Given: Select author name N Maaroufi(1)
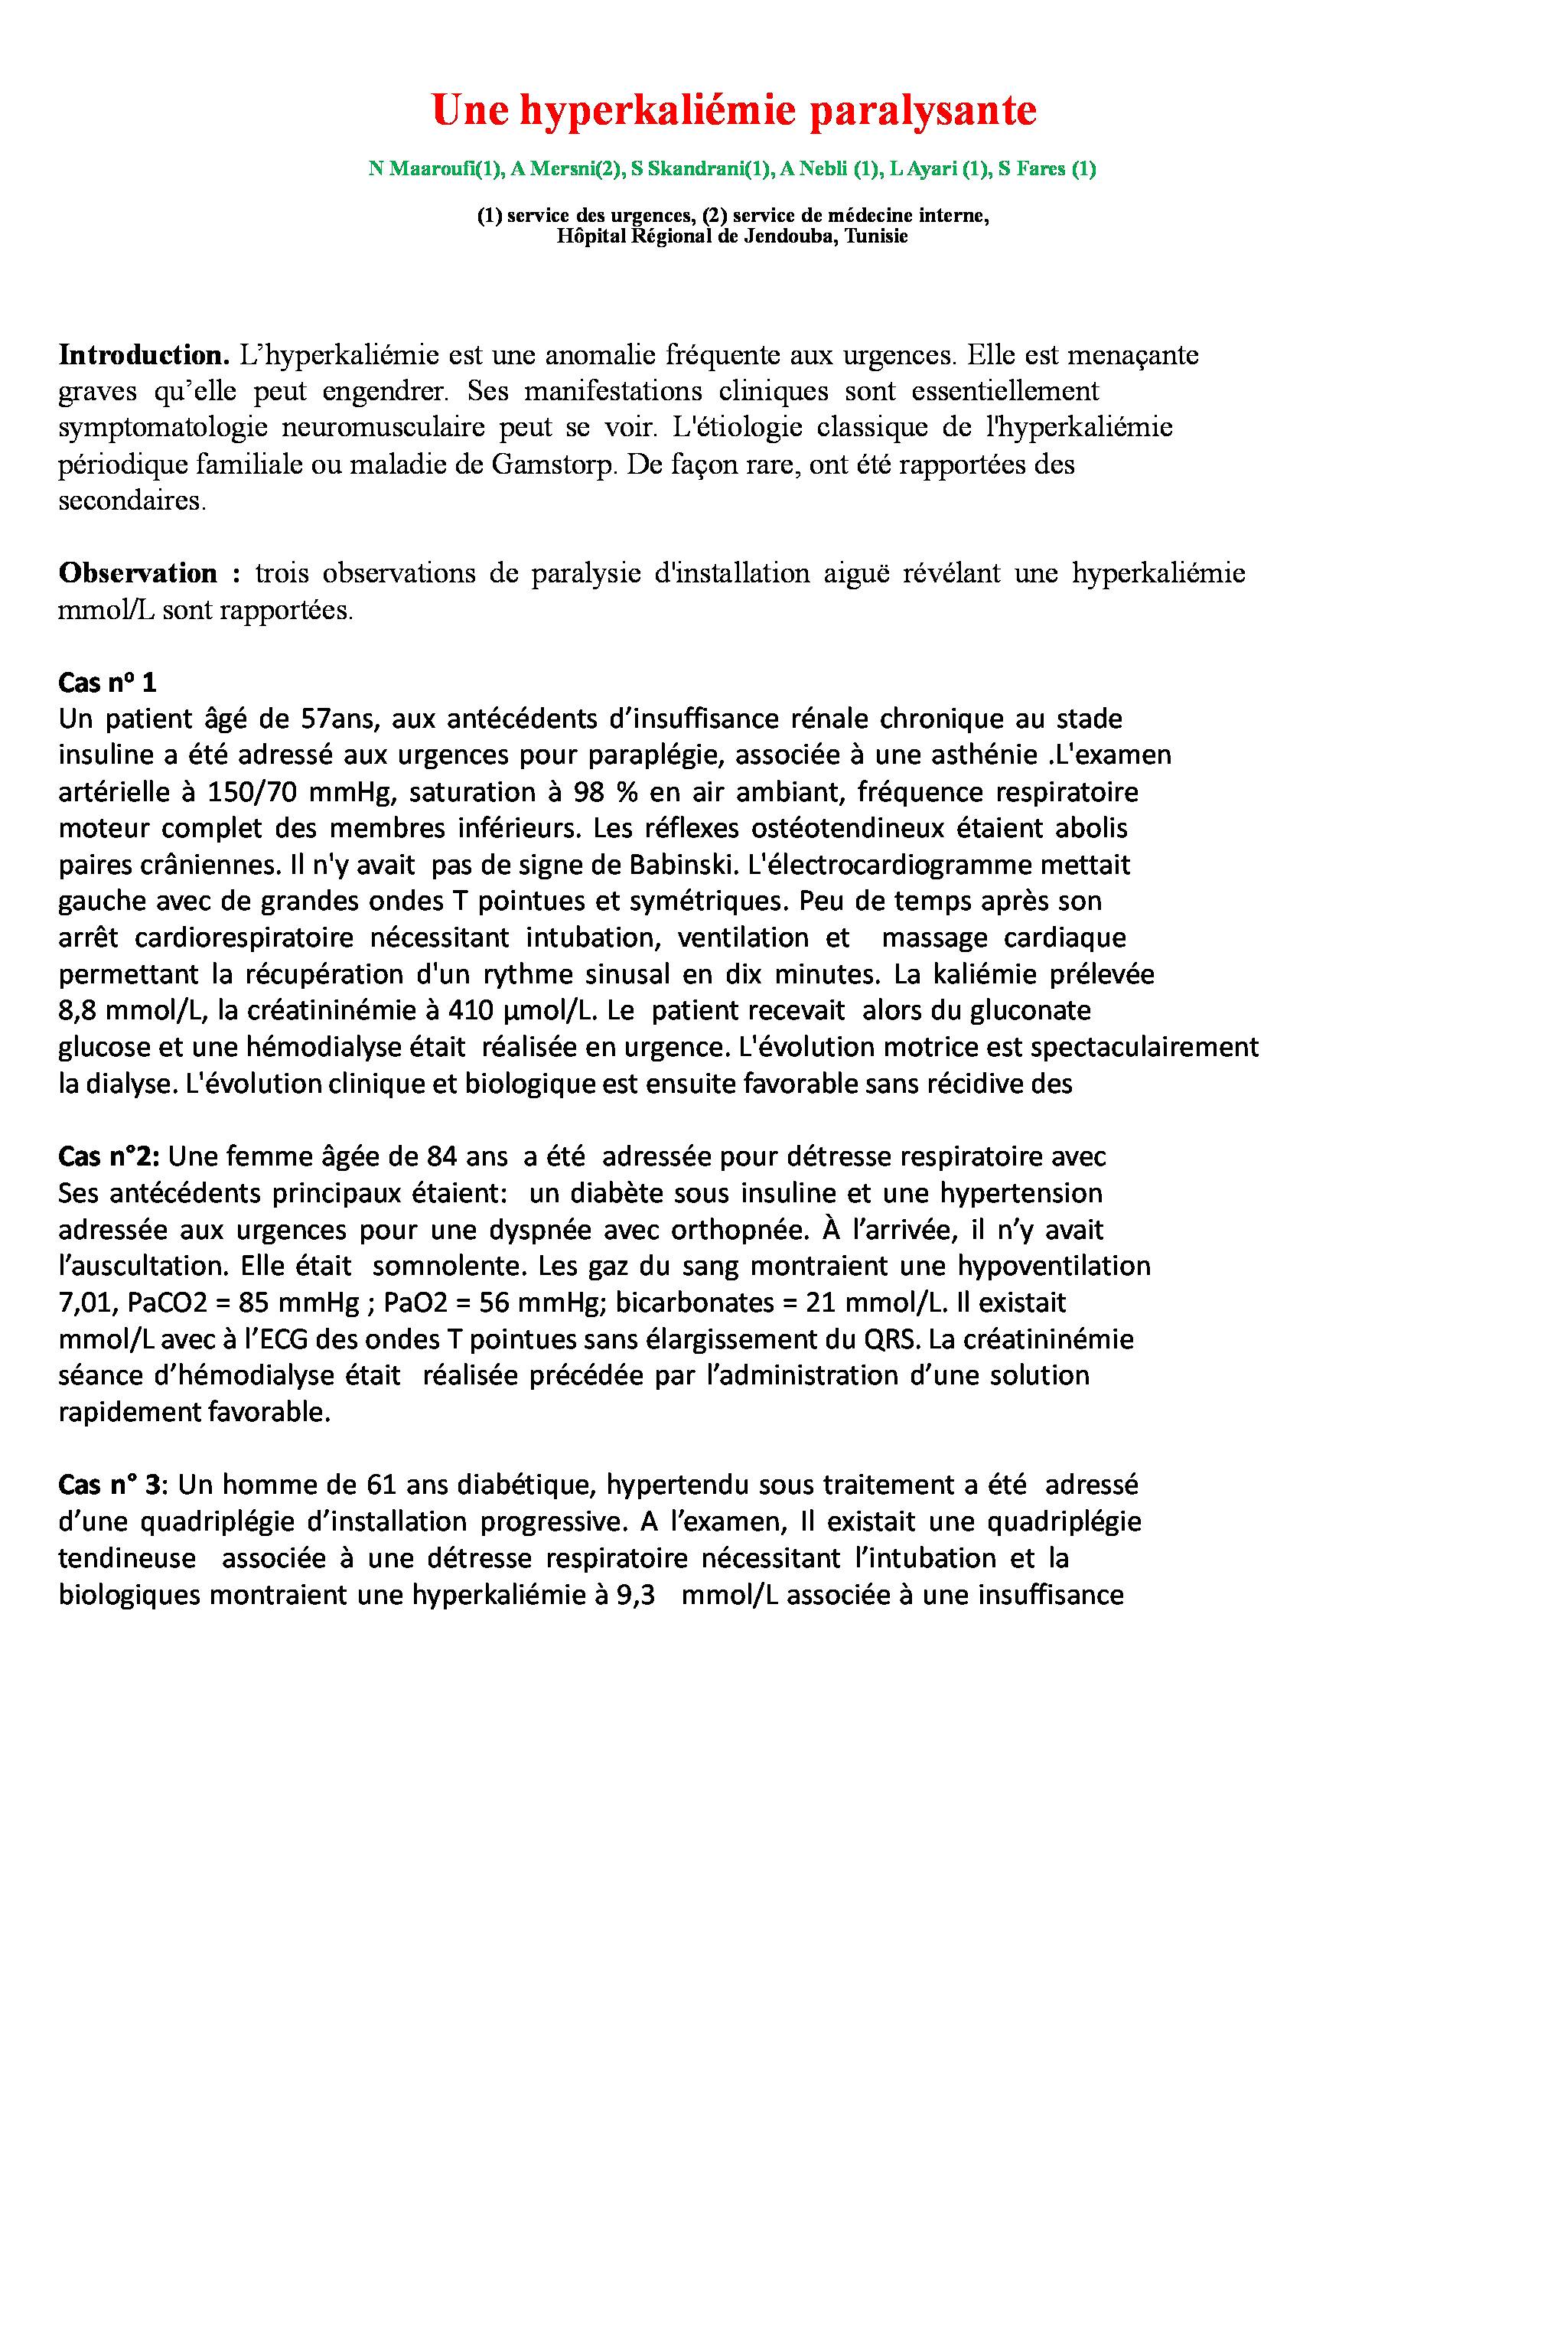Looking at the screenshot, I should coord(435,169).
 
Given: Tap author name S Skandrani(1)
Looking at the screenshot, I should coord(702,169).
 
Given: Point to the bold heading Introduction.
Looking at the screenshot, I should coord(144,355).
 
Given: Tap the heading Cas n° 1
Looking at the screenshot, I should coord(107,683).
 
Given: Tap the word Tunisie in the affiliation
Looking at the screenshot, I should coord(875,237).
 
